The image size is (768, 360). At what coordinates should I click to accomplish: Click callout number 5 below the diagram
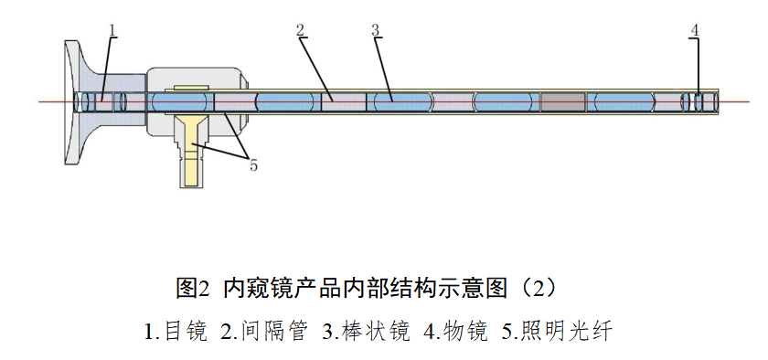(253, 165)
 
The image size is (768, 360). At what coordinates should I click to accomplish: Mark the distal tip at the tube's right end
(715, 101)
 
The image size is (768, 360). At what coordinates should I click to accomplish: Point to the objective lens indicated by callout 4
(699, 101)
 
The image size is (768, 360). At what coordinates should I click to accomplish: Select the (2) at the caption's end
(540, 289)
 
